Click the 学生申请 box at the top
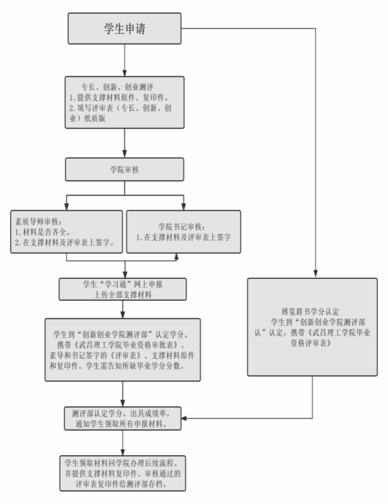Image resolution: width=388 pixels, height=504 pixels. tap(124, 28)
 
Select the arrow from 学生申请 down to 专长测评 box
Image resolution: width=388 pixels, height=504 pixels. tap(124, 58)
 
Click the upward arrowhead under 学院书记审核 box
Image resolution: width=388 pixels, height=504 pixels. tap(175, 257)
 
